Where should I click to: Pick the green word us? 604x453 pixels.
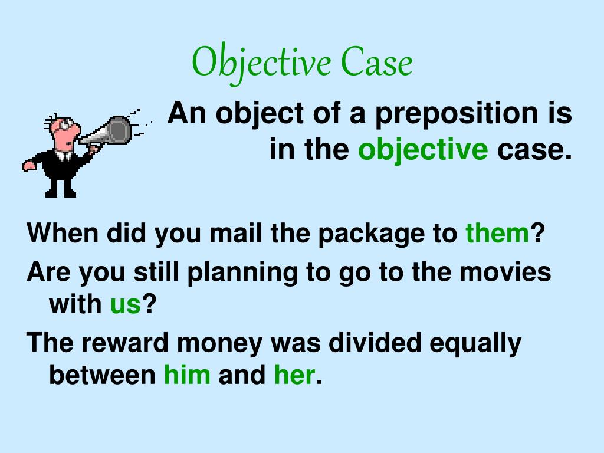(125, 304)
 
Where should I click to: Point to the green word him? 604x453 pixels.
(187, 375)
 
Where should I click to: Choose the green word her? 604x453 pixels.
(293, 375)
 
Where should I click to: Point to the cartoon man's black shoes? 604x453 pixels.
(61, 190)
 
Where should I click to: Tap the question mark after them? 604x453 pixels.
(536, 234)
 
